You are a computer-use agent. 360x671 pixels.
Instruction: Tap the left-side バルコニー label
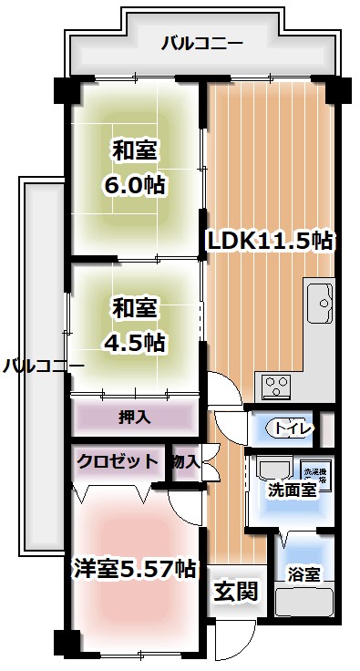pos(42,366)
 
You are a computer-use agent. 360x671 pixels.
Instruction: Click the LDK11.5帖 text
pos(269,242)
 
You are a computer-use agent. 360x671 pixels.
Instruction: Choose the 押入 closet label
pos(134,417)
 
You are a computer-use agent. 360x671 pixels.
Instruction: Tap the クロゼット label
pos(116,461)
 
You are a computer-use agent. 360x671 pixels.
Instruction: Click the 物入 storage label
pos(186,461)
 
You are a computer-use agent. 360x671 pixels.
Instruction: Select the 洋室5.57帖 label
pos(134,568)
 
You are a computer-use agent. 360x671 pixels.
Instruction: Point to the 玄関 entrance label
pos(236,591)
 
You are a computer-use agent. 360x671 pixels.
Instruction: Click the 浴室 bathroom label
pos(303,574)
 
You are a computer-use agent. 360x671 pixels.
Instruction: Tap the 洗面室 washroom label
pos(292,489)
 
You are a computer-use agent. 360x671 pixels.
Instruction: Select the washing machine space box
pos(314,472)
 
